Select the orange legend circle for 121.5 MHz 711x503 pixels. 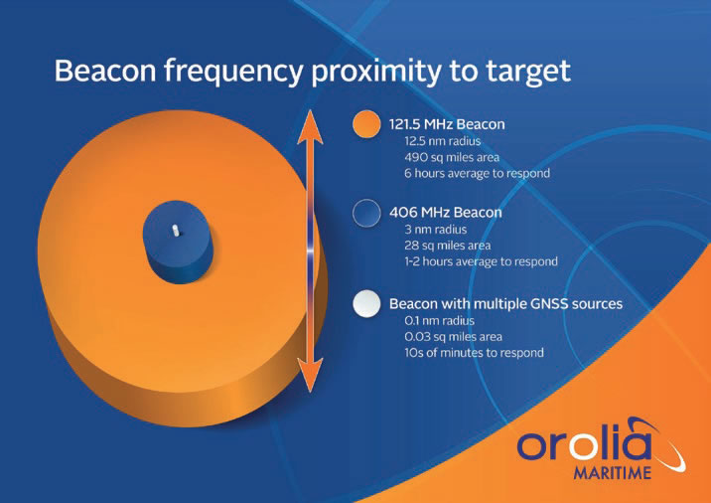click(366, 124)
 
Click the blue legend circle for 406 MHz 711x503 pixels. click(366, 213)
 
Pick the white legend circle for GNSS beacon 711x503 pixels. click(366, 303)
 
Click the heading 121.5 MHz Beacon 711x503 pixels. click(447, 124)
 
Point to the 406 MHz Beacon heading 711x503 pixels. click(445, 213)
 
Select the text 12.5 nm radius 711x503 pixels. click(443, 141)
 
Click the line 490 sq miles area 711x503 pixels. click(452, 157)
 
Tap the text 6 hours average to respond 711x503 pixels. click(477, 173)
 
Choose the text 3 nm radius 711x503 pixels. click(435, 230)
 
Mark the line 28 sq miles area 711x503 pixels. click(448, 246)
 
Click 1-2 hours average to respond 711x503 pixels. click(481, 262)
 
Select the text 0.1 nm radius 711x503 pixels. click(439, 321)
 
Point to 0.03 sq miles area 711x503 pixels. click(453, 337)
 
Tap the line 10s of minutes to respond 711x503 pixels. click(474, 353)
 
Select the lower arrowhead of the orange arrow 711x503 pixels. click(310, 375)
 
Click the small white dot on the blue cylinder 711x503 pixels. click(176, 231)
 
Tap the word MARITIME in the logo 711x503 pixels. click(612, 473)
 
